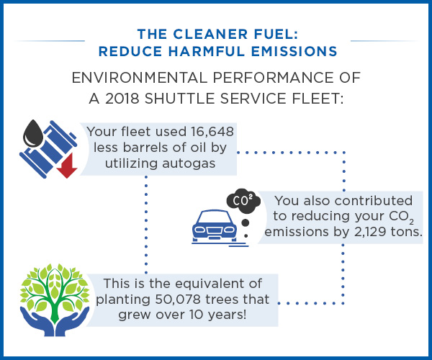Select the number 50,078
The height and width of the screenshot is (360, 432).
point(178,299)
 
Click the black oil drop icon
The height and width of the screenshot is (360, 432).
point(33,134)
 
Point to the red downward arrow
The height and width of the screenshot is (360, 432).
point(67,166)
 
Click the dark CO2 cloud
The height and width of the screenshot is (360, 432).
point(243,201)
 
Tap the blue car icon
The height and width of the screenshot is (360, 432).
point(215,227)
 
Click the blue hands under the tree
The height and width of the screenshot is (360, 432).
point(55,323)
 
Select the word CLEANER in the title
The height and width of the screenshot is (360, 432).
point(210,34)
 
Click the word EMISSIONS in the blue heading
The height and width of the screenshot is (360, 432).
point(294,52)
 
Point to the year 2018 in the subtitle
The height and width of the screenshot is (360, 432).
point(122,99)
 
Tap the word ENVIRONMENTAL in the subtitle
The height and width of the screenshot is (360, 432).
point(140,77)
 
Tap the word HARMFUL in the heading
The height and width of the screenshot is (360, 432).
point(207,52)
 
